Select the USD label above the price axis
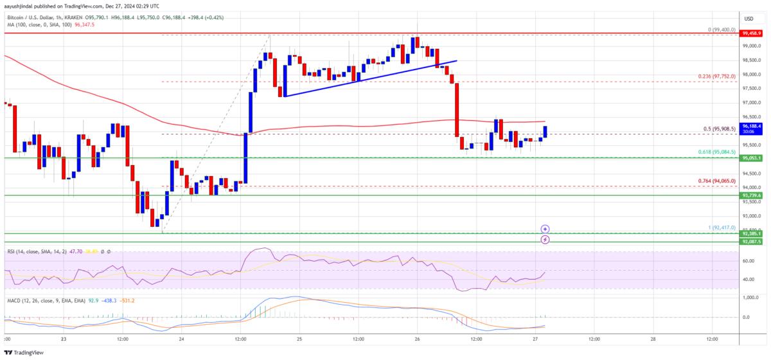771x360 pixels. (749, 19)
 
